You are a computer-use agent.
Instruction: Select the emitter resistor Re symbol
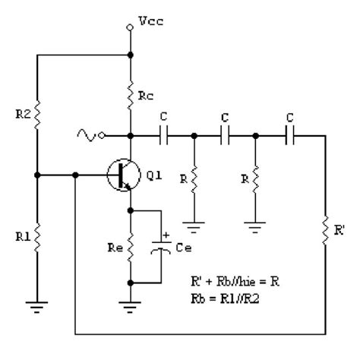pos(130,246)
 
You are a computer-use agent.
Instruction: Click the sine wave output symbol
pos(86,137)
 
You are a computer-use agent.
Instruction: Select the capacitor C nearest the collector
pos(165,137)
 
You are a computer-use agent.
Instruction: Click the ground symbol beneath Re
pos(130,305)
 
